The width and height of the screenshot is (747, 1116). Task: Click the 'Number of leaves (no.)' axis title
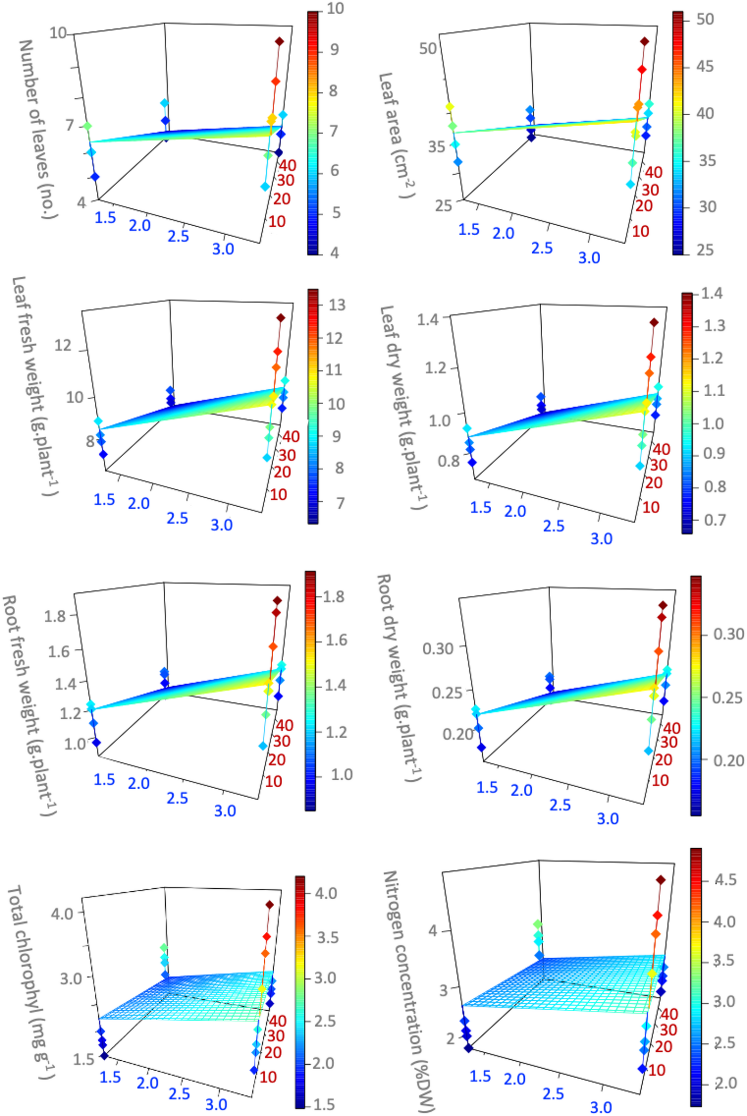coord(38,129)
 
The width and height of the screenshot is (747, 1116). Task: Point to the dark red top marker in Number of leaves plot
coord(279,42)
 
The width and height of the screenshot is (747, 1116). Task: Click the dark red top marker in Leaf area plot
coord(645,42)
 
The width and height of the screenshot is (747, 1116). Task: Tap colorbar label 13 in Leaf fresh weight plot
coord(336,305)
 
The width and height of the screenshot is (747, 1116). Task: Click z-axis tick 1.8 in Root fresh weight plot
coord(54,616)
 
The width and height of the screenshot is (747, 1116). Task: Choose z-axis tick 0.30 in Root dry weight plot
coord(438,648)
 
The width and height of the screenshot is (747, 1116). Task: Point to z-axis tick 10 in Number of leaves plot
coord(58,34)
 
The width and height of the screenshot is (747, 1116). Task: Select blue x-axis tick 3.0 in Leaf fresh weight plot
coord(221,524)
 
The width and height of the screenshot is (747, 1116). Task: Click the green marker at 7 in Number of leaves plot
coord(87,126)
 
